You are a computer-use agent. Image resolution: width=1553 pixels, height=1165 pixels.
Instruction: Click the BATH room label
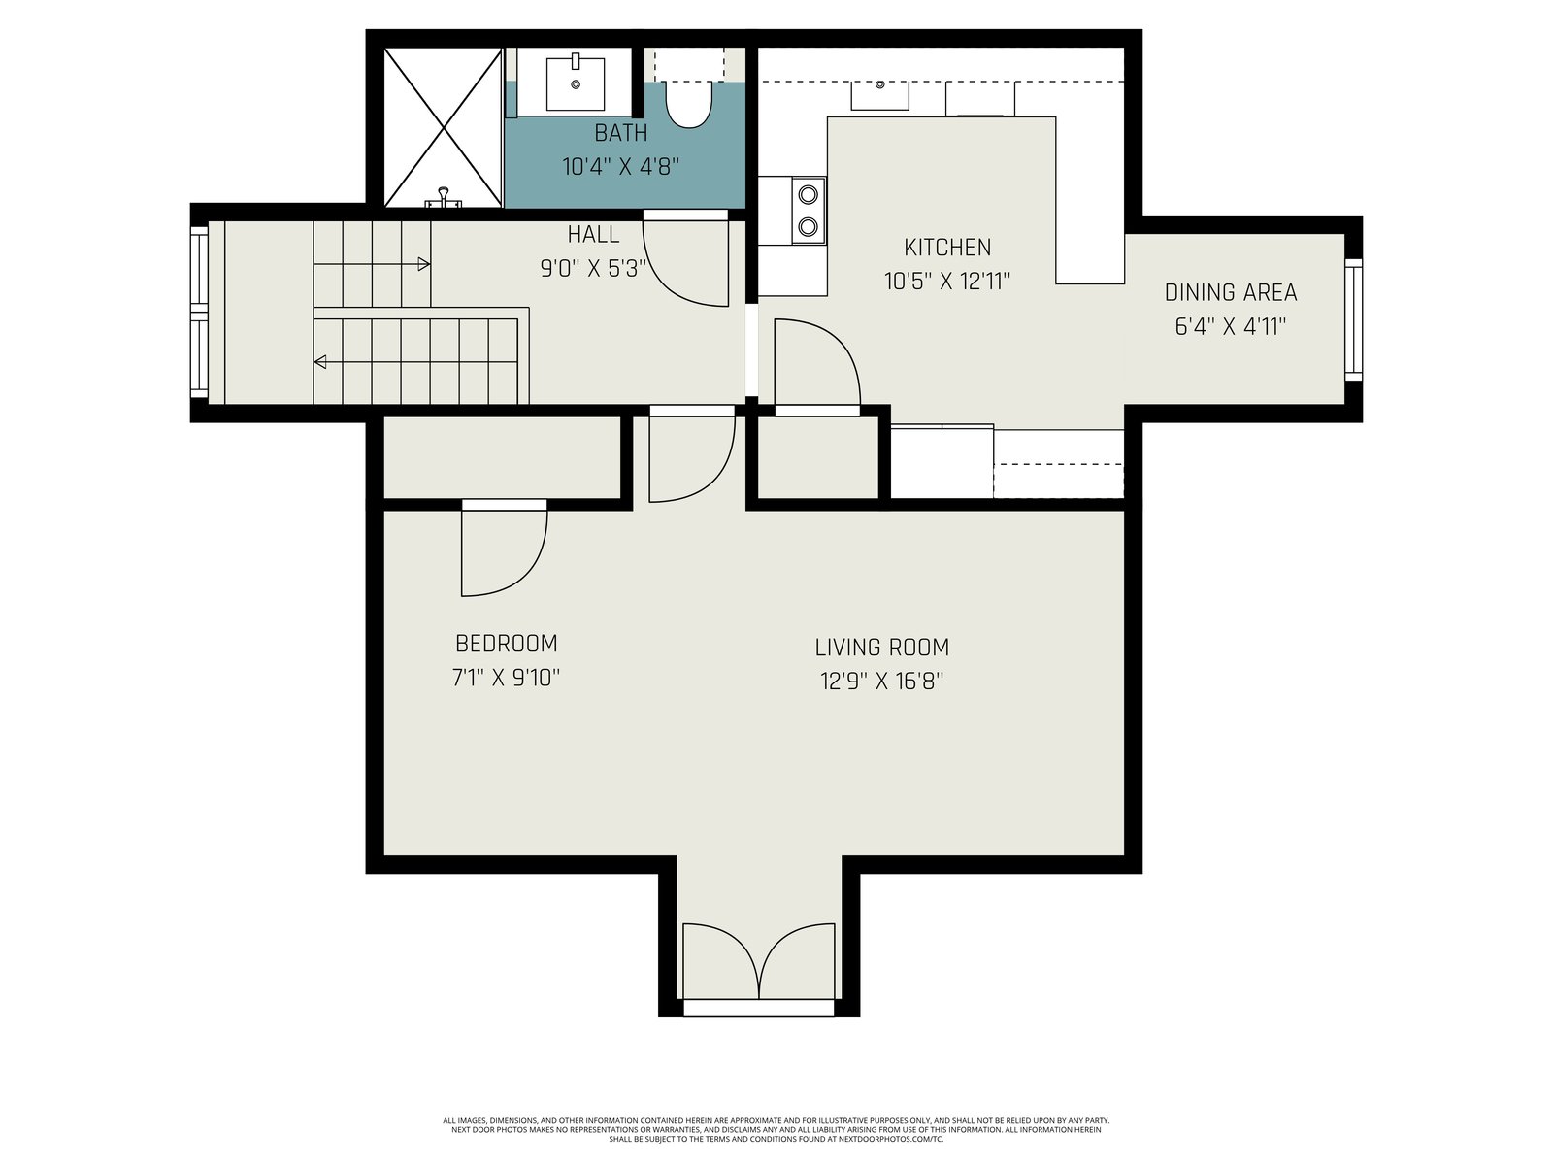620,133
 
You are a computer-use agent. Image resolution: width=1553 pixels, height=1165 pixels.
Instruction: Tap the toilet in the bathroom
689,104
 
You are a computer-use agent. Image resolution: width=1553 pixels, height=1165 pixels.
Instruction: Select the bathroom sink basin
576,83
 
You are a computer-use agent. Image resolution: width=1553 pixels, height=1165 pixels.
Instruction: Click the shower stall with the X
443,128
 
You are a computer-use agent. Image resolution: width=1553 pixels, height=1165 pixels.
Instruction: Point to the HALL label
593,234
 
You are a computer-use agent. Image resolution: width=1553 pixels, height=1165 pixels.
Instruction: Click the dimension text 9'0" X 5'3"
593,269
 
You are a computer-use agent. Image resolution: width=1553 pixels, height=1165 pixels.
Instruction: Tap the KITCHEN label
947,248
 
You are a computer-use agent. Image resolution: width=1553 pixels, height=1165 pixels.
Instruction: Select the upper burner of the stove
808,193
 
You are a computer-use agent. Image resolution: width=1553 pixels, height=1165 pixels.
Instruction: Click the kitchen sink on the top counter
879,95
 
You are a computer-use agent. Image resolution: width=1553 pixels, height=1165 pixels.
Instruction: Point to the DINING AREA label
1231,292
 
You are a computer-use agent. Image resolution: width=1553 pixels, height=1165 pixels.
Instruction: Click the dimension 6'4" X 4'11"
1231,327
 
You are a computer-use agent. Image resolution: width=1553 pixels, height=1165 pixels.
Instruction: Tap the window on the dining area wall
1353,319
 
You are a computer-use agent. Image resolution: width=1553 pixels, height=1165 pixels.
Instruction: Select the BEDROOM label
506,644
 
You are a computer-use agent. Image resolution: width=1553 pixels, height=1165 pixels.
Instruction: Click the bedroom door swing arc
531,573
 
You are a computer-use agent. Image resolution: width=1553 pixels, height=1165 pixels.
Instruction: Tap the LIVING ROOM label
881,648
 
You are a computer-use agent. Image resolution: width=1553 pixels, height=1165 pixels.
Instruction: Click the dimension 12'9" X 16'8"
881,682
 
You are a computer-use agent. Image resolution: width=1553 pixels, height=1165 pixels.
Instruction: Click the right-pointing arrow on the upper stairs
372,264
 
